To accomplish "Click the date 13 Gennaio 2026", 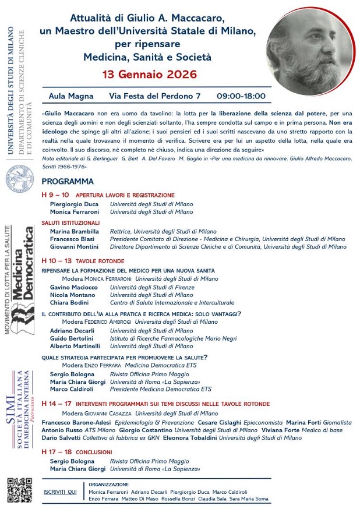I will click(x=150, y=74).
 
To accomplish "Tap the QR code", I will click(x=19, y=489).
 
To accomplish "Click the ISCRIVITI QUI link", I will click(x=60, y=492).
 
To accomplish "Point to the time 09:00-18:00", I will click(x=241, y=96).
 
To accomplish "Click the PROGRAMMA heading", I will click(x=68, y=182).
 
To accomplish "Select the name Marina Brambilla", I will click(x=73, y=231).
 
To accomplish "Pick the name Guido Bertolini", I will click(x=72, y=338).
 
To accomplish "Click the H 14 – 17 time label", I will click(x=57, y=402).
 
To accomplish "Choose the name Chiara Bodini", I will click(x=69, y=303).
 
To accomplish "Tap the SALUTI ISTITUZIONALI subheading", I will click(x=70, y=222).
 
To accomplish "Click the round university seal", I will click(x=20, y=177).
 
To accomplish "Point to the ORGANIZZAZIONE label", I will click(x=108, y=484).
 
